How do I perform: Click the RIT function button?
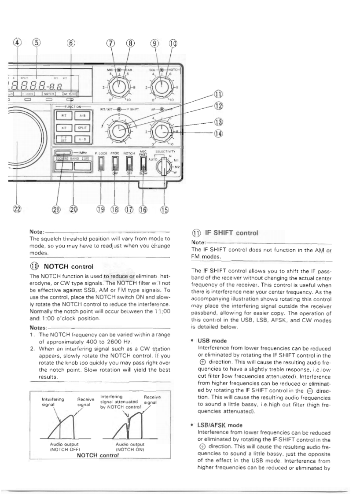click(x=63, y=116)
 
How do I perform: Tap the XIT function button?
click(x=63, y=128)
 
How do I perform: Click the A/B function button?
click(x=82, y=116)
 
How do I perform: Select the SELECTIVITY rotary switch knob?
click(x=164, y=167)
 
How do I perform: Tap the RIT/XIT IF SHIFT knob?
click(x=119, y=130)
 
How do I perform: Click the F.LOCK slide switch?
click(x=102, y=166)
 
